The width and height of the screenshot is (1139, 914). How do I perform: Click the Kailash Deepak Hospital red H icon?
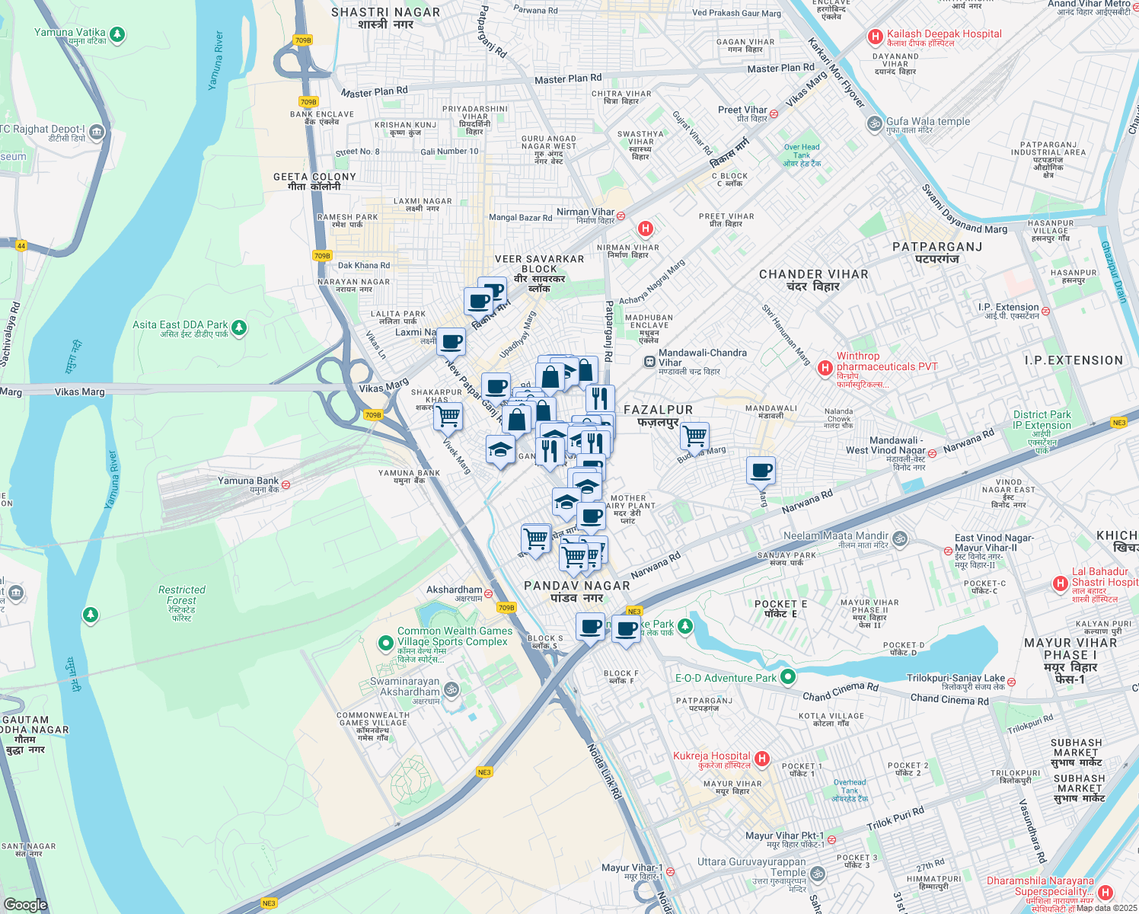click(x=875, y=36)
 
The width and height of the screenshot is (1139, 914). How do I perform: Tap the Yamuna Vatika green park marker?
click(x=116, y=34)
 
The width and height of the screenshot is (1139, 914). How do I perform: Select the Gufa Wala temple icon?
click(x=874, y=123)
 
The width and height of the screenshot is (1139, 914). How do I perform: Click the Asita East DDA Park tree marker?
click(x=239, y=328)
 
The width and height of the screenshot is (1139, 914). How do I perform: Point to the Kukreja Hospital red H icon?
click(x=762, y=759)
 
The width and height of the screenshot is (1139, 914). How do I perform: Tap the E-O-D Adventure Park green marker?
click(x=788, y=676)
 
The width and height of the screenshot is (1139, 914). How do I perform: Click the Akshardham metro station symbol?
click(x=488, y=593)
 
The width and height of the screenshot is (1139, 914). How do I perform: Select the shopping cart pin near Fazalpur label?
click(x=694, y=436)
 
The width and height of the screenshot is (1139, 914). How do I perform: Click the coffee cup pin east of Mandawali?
click(x=761, y=471)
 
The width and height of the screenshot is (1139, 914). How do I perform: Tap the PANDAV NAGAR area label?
click(x=577, y=591)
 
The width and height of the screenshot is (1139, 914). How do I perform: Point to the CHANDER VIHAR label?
click(x=813, y=280)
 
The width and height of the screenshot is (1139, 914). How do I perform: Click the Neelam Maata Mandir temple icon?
click(x=900, y=538)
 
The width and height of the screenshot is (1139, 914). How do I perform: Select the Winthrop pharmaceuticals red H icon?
click(x=825, y=369)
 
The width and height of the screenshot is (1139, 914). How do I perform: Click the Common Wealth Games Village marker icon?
click(x=386, y=643)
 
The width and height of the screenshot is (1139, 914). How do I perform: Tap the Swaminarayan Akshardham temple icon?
click(x=451, y=689)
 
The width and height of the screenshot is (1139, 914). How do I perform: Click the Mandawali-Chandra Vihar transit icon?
click(x=649, y=362)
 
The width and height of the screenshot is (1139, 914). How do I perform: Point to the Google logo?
click(x=25, y=904)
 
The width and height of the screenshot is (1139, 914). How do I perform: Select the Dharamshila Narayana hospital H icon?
click(x=1105, y=892)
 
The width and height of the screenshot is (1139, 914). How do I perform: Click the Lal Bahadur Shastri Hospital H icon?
click(x=1060, y=583)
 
